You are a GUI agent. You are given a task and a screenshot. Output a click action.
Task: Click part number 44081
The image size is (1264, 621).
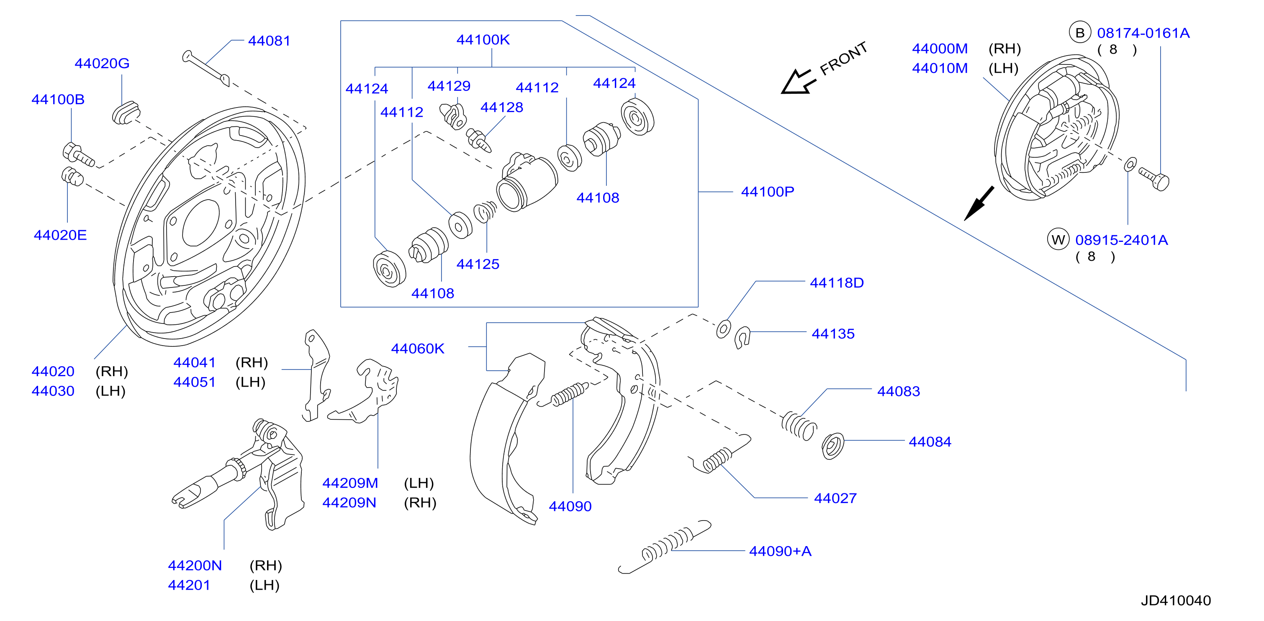coord(269,41)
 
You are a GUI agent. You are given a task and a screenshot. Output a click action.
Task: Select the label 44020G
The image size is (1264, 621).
coord(102,63)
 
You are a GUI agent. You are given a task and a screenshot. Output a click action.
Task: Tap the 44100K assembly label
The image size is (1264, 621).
coord(483,40)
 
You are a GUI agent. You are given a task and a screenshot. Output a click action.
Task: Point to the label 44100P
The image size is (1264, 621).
coord(768,192)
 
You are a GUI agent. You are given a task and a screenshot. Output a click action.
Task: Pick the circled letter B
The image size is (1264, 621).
coord(1079,33)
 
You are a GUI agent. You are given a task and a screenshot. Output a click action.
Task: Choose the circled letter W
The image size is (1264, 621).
coord(1058,240)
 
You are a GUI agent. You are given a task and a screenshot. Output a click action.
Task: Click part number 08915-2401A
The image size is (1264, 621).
coord(1121,240)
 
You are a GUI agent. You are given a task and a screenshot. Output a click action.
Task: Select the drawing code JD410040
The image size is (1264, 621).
coord(1176,600)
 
